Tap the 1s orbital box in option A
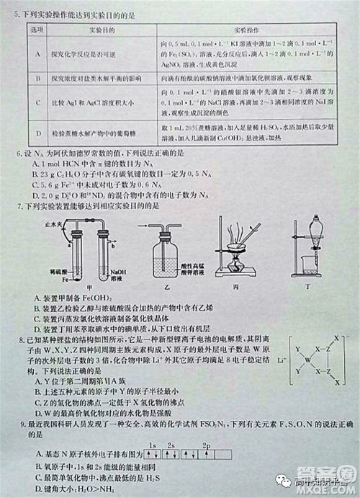pyautogui.click(x=153, y=455)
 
